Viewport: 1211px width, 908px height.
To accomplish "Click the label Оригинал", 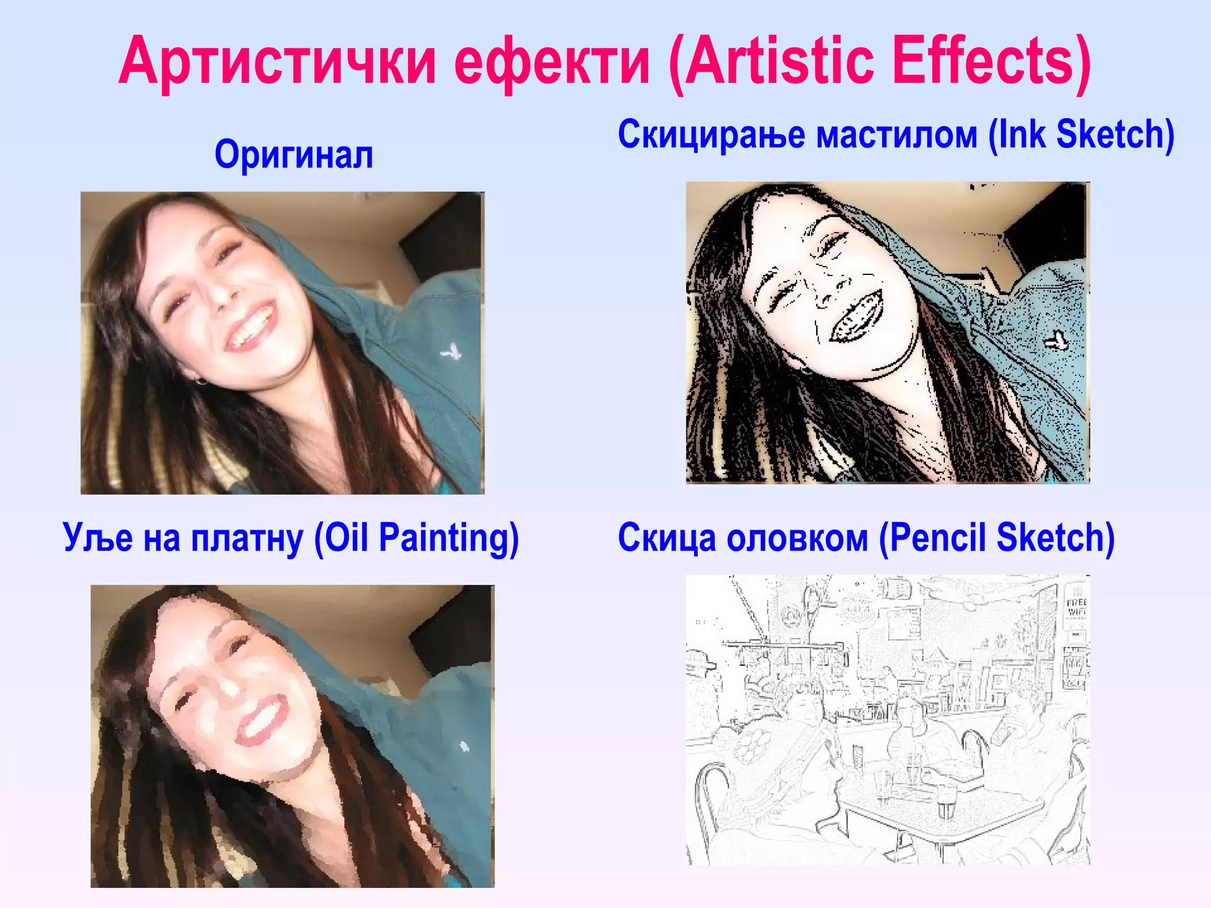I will [x=294, y=155].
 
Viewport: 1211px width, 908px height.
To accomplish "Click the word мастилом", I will [x=896, y=135].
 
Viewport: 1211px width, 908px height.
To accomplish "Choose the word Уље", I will [x=98, y=538].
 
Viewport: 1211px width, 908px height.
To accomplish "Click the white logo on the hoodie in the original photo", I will [x=451, y=353].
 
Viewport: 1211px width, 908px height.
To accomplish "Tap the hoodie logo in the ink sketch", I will [x=1056, y=341].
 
